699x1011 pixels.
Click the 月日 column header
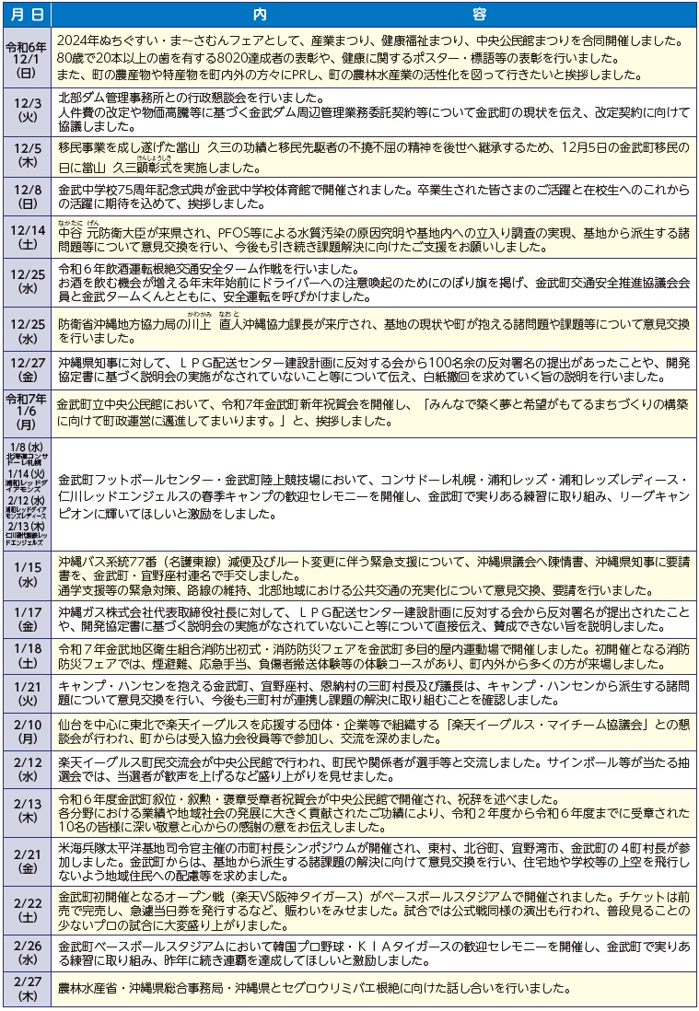25,16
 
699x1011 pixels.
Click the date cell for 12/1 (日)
25,59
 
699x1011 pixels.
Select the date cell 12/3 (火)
25,111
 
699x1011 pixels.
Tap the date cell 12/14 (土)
25,238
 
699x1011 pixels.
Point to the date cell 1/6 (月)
25,413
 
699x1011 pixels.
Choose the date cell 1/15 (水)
25,575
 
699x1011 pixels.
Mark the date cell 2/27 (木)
25,989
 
